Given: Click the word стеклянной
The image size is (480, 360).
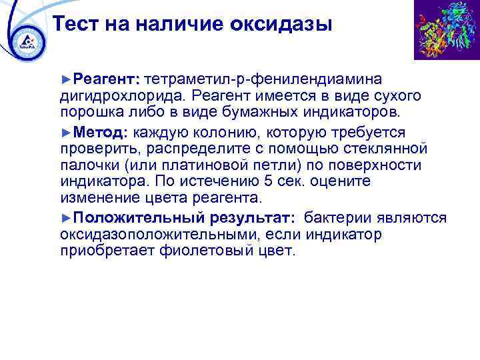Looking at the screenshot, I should tap(389, 148).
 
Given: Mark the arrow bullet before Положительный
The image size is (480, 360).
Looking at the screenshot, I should tap(65, 218).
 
